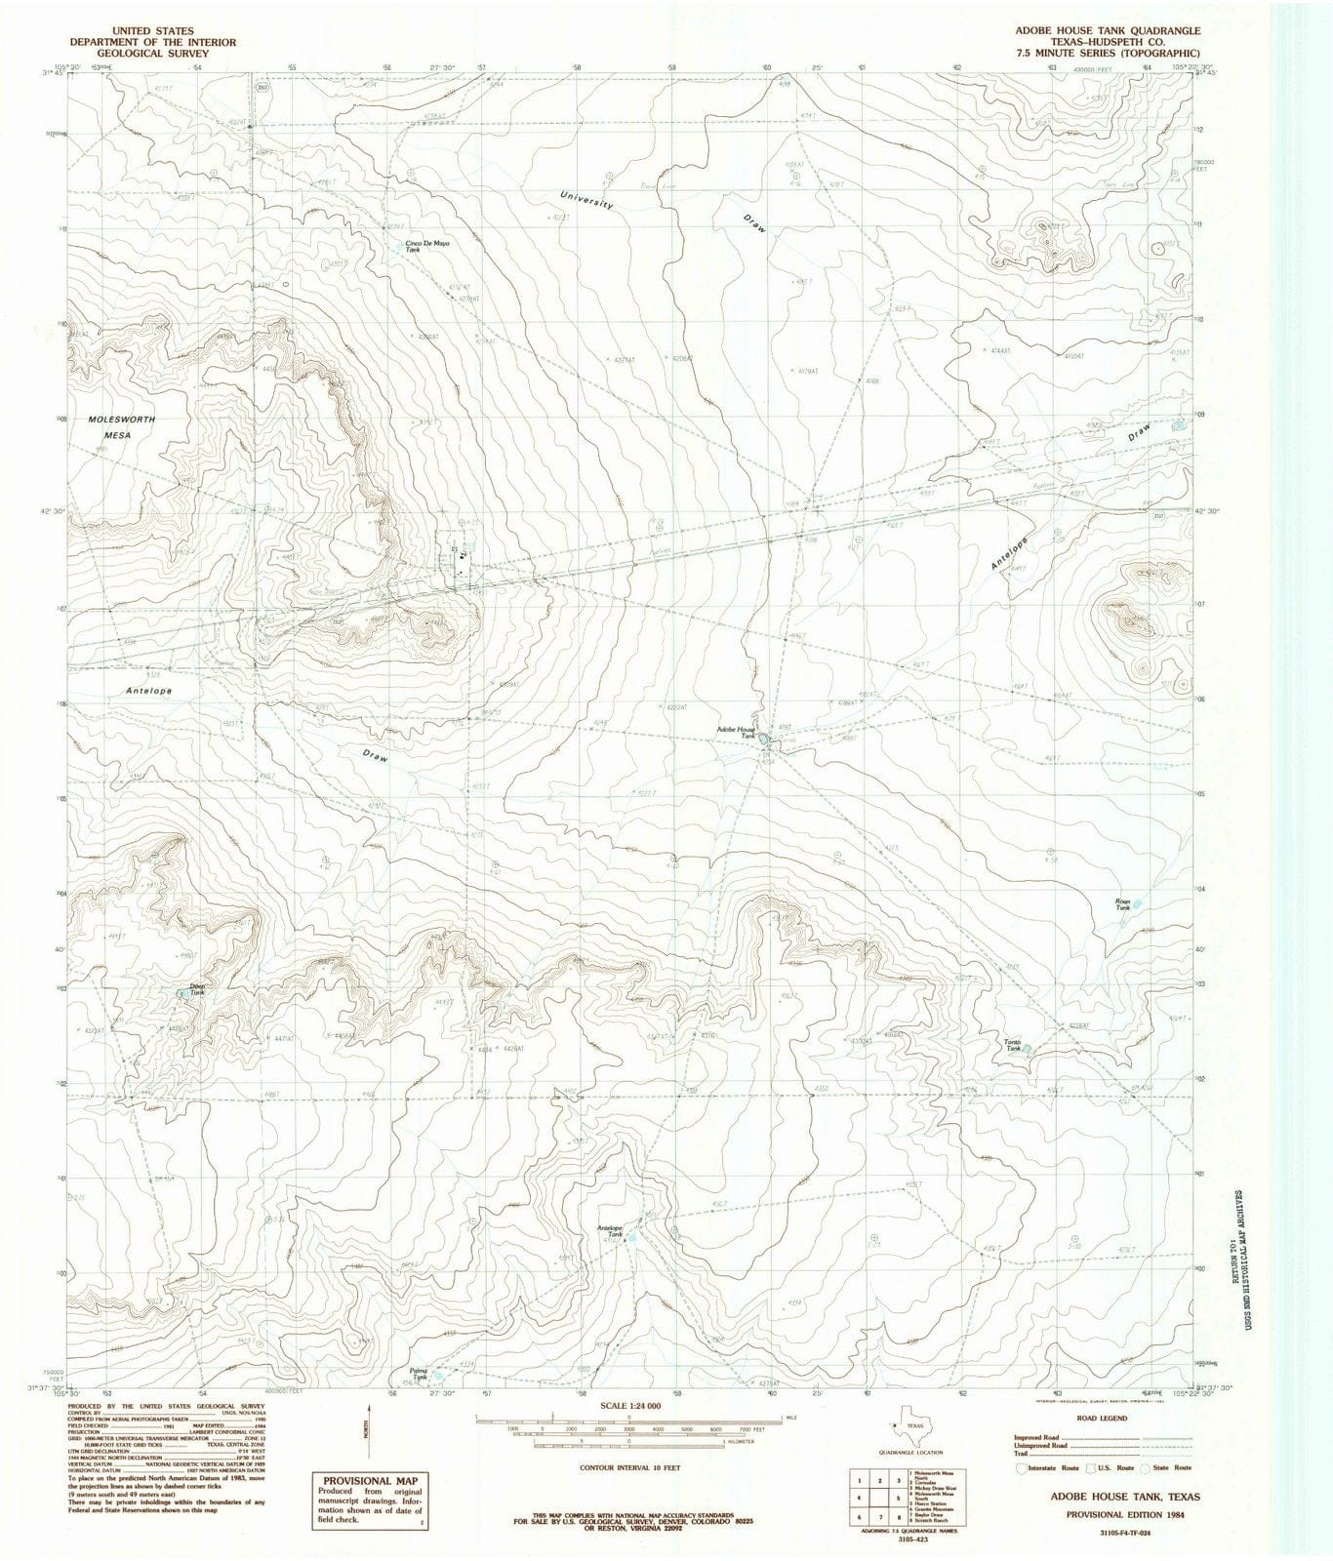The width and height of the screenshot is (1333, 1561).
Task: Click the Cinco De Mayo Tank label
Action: [x=427, y=246]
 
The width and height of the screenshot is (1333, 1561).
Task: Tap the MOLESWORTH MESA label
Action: [x=122, y=426]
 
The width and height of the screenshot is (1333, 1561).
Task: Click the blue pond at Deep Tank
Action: [x=182, y=994]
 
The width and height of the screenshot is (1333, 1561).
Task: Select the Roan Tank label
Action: [x=1123, y=904]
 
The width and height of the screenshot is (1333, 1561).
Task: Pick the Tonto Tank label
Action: [x=1013, y=1046]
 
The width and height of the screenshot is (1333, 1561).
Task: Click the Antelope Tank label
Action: [x=609, y=1231]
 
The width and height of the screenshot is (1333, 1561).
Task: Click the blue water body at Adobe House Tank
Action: [x=763, y=741]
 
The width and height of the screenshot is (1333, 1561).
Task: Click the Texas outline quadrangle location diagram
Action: [x=905, y=1425]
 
